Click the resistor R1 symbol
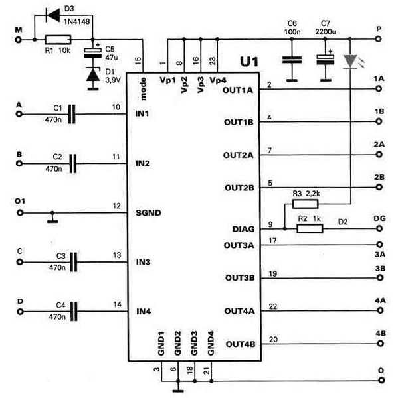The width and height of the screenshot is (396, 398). pos(58,40)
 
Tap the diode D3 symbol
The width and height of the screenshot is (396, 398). pos(52,15)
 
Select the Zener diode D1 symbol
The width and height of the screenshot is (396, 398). pos(93,74)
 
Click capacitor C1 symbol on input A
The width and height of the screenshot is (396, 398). pos(72,114)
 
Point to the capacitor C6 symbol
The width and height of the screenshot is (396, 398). pos(292,60)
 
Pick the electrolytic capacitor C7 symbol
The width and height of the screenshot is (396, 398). pos(326,60)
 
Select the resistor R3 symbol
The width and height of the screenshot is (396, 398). pos(305,204)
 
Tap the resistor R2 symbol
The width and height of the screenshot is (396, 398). pos(310,228)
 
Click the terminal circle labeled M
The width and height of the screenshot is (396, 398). pos(19,40)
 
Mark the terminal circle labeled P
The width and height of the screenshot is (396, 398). pos(379,39)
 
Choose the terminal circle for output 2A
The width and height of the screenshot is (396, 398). pos(379,155)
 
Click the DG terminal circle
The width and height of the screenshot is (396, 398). pos(379,228)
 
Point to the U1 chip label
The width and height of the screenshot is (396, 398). pos(249,62)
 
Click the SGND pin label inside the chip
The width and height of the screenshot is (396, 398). pos(148,213)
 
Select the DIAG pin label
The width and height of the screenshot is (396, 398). pos(243,229)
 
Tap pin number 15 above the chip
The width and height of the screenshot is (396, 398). pos(138,60)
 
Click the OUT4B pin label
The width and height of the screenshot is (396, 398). pos(241,344)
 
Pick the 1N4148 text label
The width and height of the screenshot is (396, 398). pos(76,21)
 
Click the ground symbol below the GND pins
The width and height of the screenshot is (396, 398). pos(178,388)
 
